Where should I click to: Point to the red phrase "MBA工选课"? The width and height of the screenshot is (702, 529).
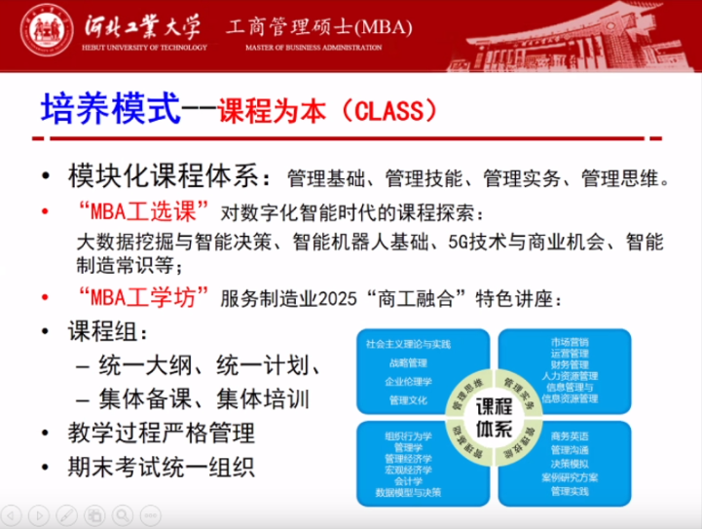pyautogui.click(x=139, y=212)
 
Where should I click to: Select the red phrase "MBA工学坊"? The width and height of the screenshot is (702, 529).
pyautogui.click(x=139, y=298)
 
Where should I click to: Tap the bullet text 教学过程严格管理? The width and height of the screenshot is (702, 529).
pyautogui.click(x=161, y=433)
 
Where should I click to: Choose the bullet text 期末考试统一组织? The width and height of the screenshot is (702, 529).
pyautogui.click(x=161, y=467)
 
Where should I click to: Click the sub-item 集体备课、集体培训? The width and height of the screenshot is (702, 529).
pyautogui.click(x=202, y=399)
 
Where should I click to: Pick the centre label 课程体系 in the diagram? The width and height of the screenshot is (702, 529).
pyautogui.click(x=495, y=415)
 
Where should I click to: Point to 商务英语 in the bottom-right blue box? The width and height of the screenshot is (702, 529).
pyautogui.click(x=570, y=435)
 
